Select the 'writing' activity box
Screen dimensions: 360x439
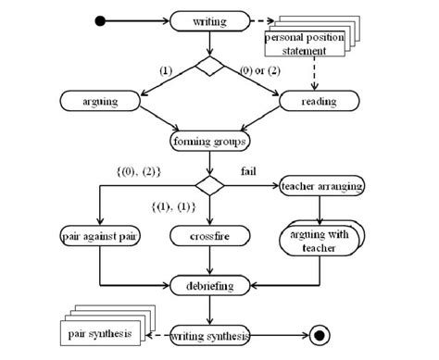[x=209, y=20]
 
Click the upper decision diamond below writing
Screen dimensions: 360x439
[x=210, y=67]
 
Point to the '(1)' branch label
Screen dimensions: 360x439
[x=166, y=69]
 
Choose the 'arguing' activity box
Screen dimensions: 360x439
[x=100, y=100]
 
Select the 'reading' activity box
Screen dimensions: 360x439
[x=320, y=100]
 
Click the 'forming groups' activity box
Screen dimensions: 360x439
[x=210, y=142]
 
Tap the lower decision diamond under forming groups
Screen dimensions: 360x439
[x=210, y=186]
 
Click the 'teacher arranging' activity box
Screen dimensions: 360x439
[x=320, y=186]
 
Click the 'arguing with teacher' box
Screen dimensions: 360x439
[x=320, y=240]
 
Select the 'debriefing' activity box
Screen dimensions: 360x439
[x=209, y=285]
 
